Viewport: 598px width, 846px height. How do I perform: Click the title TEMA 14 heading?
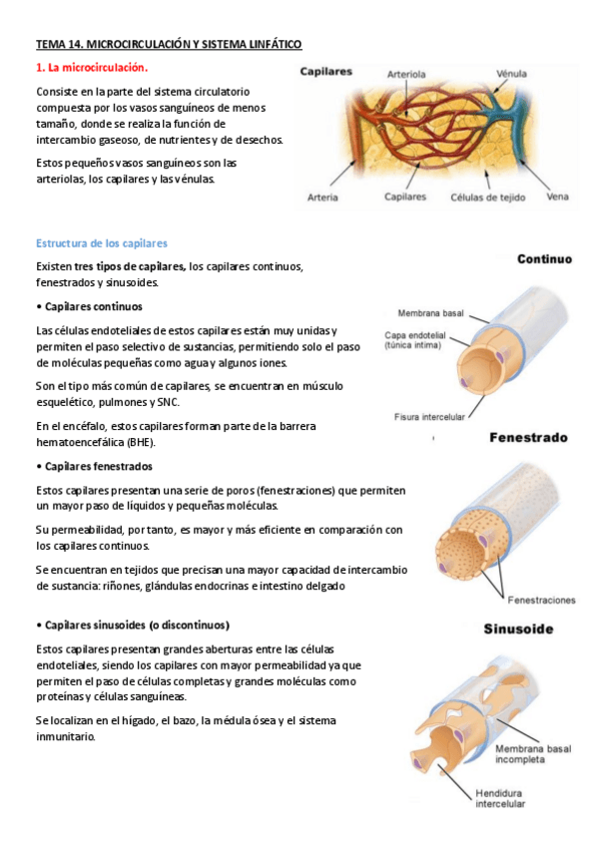point(168,45)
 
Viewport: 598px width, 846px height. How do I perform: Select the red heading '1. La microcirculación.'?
point(92,68)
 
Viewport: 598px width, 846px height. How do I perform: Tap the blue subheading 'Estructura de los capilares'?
point(101,243)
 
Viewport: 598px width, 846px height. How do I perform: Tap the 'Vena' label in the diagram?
point(558,198)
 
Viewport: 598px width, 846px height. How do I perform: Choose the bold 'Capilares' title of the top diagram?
point(325,72)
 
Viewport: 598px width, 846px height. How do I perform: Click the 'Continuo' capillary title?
point(544,259)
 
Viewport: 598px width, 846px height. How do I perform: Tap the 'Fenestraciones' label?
point(541,601)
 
